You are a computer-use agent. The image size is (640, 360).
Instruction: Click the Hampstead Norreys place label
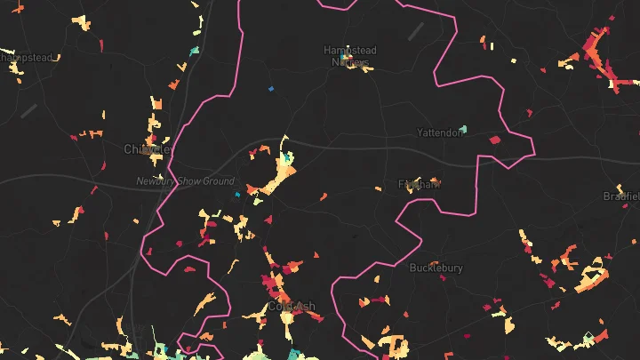pyautogui.click(x=349, y=56)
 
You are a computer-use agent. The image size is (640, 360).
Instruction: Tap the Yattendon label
pyautogui.click(x=441, y=132)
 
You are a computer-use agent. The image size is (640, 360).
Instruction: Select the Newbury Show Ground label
pyautogui.click(x=185, y=181)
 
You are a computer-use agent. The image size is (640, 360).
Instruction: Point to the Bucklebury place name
pyautogui.click(x=436, y=268)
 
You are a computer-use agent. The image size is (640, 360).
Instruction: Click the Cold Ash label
pyautogui.click(x=292, y=307)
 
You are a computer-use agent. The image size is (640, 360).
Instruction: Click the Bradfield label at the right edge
pyautogui.click(x=621, y=196)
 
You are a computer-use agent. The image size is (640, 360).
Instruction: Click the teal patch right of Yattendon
pyautogui.click(x=463, y=130)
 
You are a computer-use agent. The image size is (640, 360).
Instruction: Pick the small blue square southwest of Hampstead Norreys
pyautogui.click(x=271, y=88)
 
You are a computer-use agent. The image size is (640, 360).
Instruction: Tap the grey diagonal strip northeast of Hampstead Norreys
pyautogui.click(x=415, y=31)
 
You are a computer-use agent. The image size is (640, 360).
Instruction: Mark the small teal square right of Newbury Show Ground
pyautogui.click(x=237, y=195)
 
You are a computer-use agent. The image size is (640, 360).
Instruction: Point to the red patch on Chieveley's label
pyautogui.click(x=152, y=140)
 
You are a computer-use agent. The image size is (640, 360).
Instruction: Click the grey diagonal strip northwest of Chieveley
pyautogui.click(x=29, y=110)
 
